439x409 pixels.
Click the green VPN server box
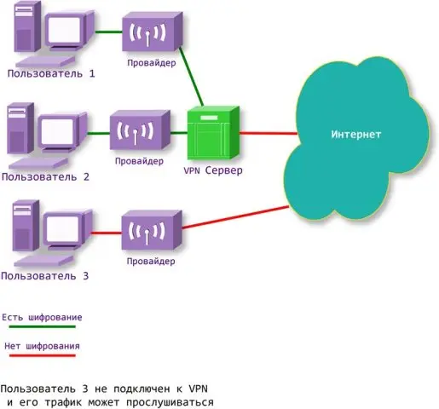click(x=211, y=135)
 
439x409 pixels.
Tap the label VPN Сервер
click(x=213, y=170)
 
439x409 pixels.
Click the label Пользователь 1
click(x=51, y=74)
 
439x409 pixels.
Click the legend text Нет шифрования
click(x=42, y=346)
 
